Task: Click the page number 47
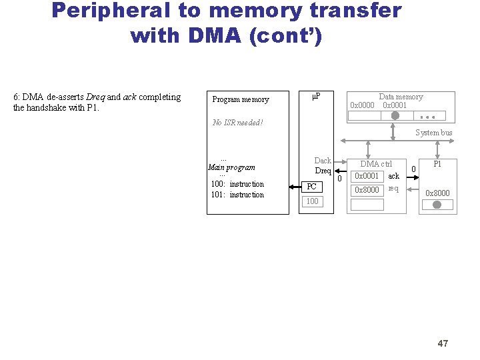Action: [x=443, y=343]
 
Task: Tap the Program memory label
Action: [x=240, y=100]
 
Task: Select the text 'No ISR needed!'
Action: [x=237, y=123]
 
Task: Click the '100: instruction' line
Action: [x=237, y=184]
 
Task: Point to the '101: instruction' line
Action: [x=237, y=195]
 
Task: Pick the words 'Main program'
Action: [x=232, y=167]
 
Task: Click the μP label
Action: [x=316, y=97]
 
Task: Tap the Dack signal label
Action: [x=323, y=161]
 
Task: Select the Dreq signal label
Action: [x=323, y=171]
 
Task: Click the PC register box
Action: [x=312, y=187]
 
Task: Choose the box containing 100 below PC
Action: [x=312, y=201]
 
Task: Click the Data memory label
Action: [x=401, y=97]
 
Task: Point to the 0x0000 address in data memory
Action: [x=362, y=105]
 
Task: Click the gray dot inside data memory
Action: [x=395, y=115]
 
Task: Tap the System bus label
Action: [x=433, y=133]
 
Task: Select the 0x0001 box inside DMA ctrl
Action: [x=367, y=176]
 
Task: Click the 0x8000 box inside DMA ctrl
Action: [x=367, y=190]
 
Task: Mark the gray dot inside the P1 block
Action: [x=437, y=205]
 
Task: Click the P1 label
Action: [x=437, y=164]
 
